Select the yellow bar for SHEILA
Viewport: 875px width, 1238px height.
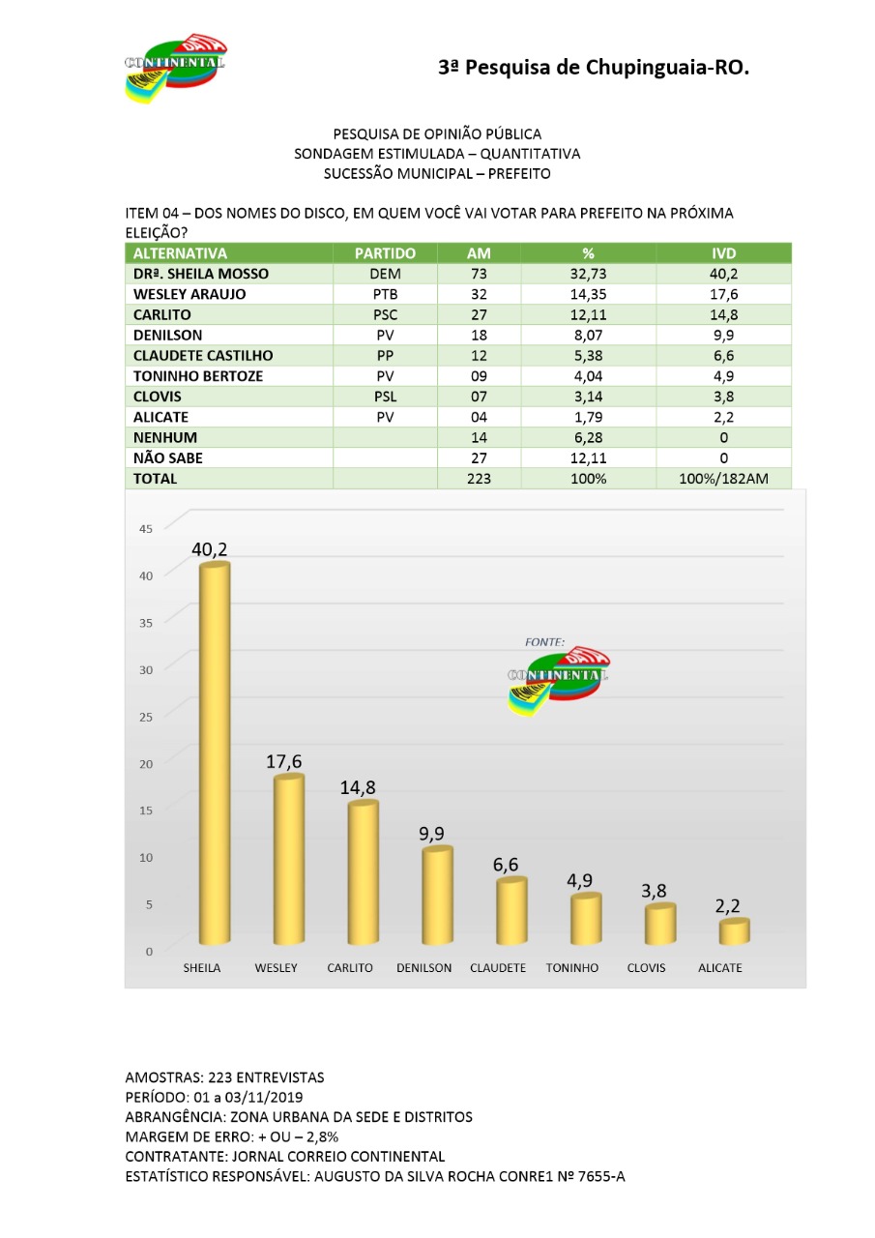tap(214, 754)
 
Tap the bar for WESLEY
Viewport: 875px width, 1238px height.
tap(287, 861)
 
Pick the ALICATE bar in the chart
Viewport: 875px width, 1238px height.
tap(734, 932)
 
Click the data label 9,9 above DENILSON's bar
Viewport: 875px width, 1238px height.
tap(432, 833)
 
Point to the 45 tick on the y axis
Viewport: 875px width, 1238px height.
tap(146, 528)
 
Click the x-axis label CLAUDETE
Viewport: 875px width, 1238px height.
tap(498, 968)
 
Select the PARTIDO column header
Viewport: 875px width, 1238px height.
tap(385, 253)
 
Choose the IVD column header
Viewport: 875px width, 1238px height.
tap(723, 253)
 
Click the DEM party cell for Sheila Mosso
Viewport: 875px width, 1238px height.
tap(385, 274)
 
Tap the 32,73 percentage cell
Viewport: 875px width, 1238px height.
tap(588, 274)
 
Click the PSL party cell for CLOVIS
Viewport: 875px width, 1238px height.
tap(385, 397)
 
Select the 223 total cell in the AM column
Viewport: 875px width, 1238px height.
tap(479, 478)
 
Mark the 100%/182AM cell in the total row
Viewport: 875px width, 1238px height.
tap(723, 478)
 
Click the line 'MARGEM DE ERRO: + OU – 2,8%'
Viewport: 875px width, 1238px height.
tap(232, 1136)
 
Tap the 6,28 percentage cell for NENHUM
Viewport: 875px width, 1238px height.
tap(588, 437)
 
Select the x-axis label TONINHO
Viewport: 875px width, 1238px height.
tap(572, 968)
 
